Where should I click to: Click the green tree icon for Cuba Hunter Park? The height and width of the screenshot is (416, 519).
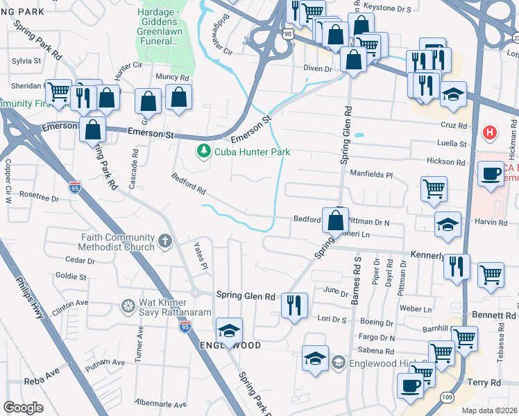(203, 151)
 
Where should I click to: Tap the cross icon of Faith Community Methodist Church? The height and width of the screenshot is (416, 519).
(164, 241)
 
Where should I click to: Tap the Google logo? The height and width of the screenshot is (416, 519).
(23, 408)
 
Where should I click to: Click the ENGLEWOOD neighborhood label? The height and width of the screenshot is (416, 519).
(230, 345)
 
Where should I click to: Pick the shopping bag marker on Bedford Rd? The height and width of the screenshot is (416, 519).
(335, 220)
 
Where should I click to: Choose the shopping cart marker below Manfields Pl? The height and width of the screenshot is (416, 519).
(434, 188)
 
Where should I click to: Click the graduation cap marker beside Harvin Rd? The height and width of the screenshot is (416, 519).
(448, 224)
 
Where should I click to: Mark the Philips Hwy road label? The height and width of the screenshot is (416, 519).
(30, 299)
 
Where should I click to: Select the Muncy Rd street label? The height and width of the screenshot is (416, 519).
(172, 77)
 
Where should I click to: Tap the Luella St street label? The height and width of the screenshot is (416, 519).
(452, 144)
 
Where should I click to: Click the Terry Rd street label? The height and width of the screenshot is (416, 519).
(484, 383)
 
